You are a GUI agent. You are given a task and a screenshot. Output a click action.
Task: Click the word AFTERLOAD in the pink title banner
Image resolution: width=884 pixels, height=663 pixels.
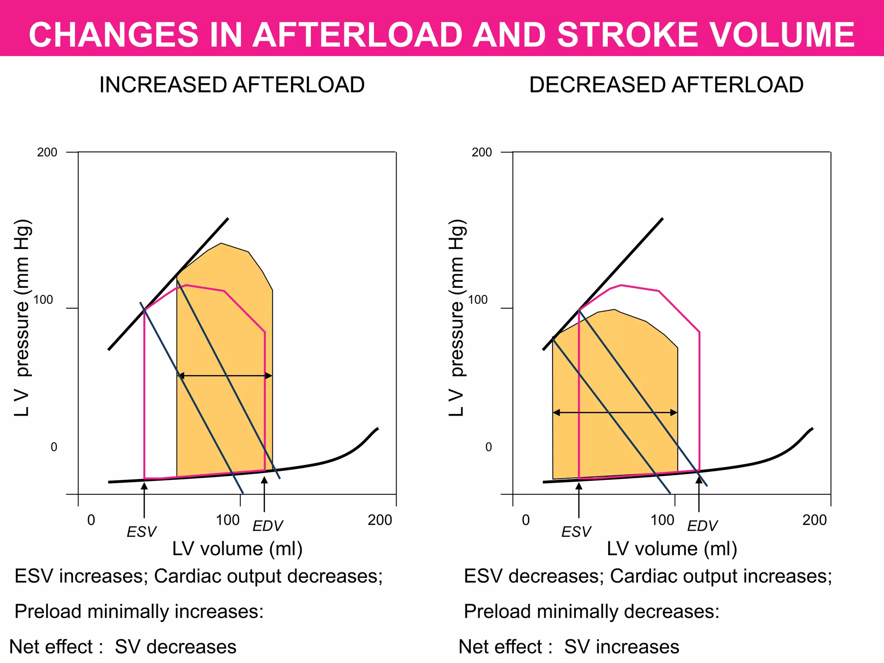point(357,35)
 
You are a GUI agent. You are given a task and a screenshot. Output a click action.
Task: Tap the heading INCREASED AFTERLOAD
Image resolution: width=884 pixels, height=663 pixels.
point(232,85)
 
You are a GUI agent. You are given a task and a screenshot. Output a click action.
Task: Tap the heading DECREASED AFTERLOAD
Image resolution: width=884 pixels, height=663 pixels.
point(666,85)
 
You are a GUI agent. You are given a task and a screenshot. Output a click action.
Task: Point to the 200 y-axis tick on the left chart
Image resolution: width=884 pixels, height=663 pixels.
point(47,152)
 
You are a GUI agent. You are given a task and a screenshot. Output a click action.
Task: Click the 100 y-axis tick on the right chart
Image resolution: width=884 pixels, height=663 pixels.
point(478,300)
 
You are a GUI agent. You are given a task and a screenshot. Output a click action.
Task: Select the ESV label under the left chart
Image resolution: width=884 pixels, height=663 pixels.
point(142,532)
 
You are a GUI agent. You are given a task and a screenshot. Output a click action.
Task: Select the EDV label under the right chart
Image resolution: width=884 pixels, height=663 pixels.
point(702,526)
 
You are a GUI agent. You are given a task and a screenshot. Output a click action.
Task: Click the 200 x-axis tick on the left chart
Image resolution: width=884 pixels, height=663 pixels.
point(380,520)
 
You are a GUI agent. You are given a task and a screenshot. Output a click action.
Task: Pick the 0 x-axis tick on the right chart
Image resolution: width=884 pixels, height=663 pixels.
point(525,520)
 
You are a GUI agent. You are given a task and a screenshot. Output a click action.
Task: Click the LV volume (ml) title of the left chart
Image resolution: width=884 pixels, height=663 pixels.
point(237,549)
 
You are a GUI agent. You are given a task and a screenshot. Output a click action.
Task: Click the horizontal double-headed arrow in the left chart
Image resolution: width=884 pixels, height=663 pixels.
point(225,376)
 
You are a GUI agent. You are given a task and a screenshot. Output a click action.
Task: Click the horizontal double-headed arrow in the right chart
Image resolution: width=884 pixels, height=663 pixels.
point(615,413)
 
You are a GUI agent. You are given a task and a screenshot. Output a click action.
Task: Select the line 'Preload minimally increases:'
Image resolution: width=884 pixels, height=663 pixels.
point(139,612)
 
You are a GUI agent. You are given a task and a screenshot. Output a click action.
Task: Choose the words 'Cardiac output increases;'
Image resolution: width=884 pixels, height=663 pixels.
point(721,576)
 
